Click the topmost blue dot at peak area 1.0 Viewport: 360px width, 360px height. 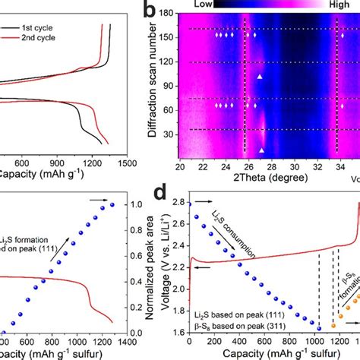click(112, 204)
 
